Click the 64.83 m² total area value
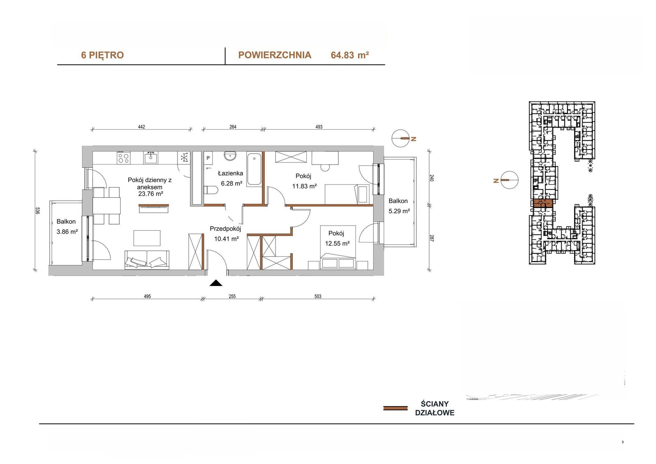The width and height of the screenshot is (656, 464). click(x=350, y=55)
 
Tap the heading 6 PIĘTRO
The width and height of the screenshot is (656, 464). click(x=102, y=55)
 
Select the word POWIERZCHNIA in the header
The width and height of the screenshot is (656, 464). click(x=275, y=55)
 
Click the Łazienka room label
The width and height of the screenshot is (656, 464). click(x=230, y=173)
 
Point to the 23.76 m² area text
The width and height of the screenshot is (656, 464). click(x=150, y=194)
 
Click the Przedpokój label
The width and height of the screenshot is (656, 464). click(x=225, y=229)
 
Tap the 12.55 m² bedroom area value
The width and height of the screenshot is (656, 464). click(x=337, y=244)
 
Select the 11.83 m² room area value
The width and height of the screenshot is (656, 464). click(x=304, y=186)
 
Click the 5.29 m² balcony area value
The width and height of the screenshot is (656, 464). click(x=399, y=211)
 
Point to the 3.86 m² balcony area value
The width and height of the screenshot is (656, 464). click(x=67, y=232)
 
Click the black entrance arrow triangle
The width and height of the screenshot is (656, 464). click(x=216, y=283)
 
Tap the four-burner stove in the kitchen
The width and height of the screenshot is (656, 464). click(x=123, y=158)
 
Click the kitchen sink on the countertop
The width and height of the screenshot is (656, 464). click(x=150, y=158)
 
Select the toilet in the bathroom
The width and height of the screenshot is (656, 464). click(x=211, y=190)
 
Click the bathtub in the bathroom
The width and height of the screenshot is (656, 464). click(x=254, y=169)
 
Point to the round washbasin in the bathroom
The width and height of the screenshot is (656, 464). click(x=230, y=155)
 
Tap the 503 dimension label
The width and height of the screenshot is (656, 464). click(x=318, y=296)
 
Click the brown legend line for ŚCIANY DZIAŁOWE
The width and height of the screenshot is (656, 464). click(x=395, y=408)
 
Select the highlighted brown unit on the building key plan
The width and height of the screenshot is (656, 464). click(x=543, y=203)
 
